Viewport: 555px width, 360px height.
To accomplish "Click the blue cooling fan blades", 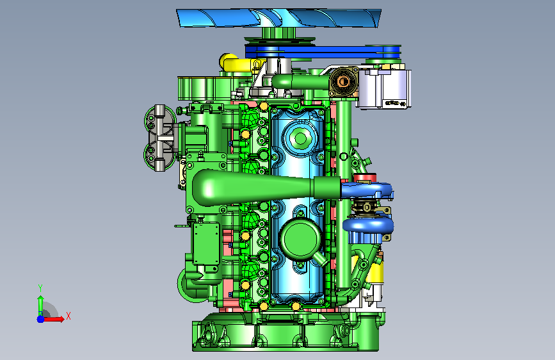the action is coord(279,18).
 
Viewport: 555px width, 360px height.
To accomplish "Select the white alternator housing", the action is coord(385,88).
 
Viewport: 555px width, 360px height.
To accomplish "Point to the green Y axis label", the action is coord(40,288).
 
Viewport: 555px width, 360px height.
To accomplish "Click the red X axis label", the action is coord(68,316).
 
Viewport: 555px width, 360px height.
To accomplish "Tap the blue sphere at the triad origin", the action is coord(41,319).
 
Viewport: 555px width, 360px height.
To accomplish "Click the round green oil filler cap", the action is coord(300,238).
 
